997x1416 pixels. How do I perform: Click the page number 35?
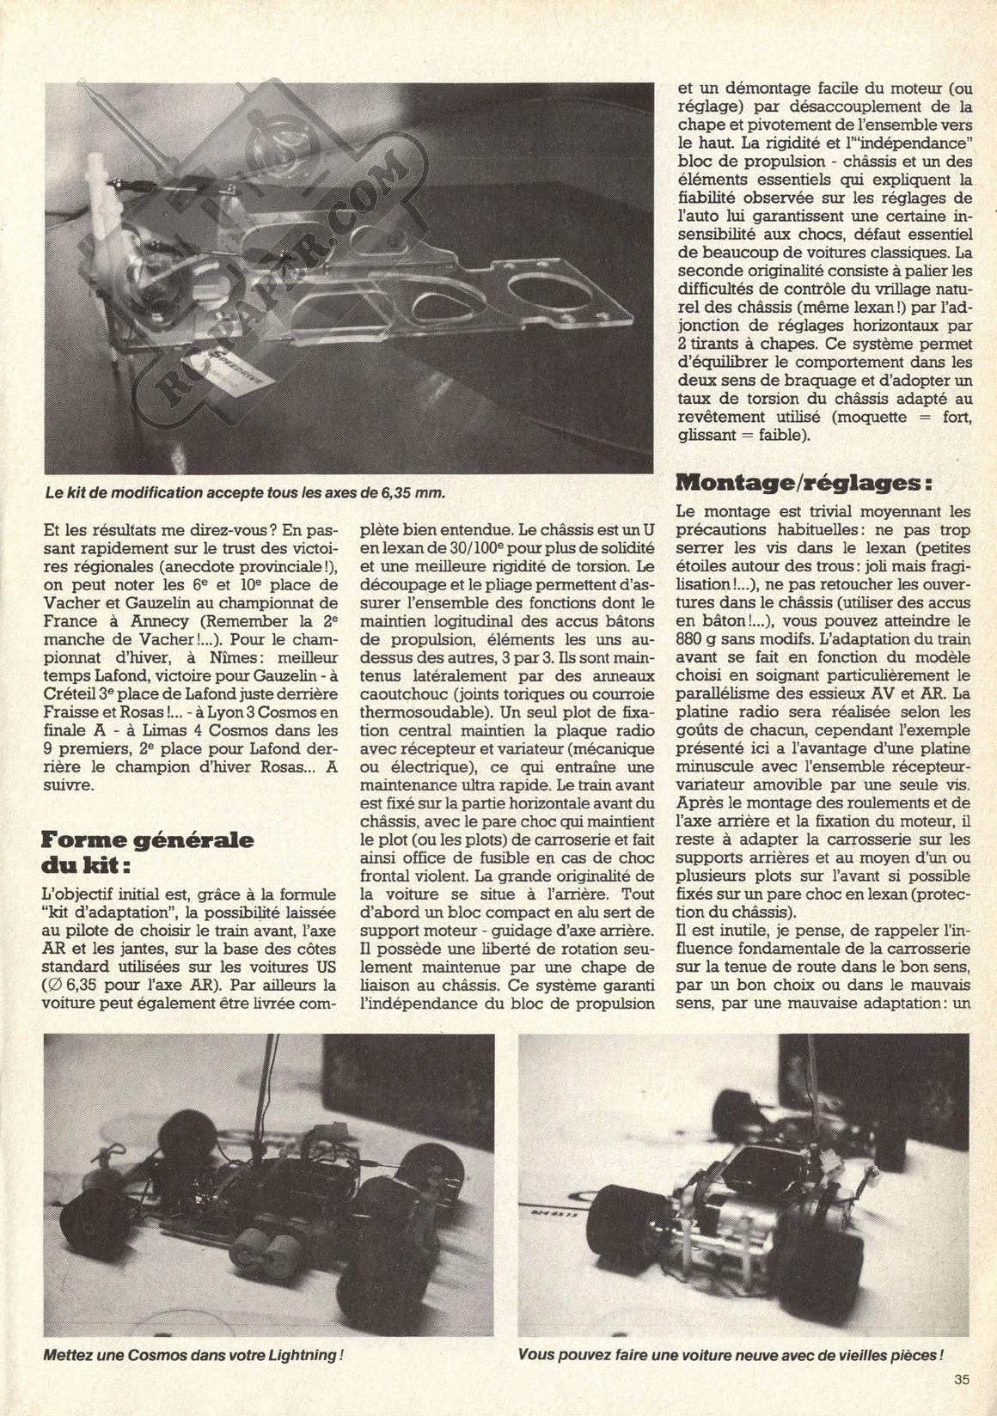961,1382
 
